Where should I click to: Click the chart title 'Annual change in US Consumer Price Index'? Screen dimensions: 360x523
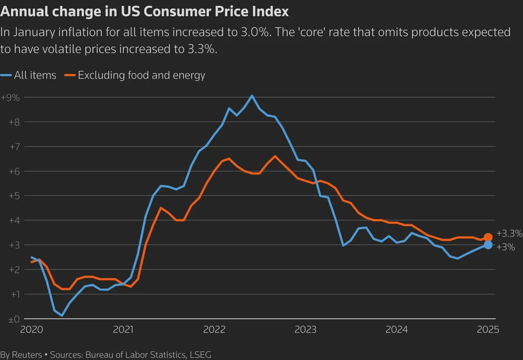[144, 12]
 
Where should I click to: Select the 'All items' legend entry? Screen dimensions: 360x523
[35, 75]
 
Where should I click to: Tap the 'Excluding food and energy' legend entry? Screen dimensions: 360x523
[141, 75]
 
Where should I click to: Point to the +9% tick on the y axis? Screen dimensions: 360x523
[10, 98]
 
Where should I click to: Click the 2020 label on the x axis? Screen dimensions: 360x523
[32, 329]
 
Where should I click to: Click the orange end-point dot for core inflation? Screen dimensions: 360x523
[488, 238]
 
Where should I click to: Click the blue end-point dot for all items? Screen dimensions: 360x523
[488, 245]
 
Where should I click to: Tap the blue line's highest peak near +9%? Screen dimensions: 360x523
[252, 95]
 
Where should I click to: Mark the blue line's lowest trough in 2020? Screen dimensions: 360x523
[62, 316]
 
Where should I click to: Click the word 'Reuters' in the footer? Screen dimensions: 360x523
[26, 355]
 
